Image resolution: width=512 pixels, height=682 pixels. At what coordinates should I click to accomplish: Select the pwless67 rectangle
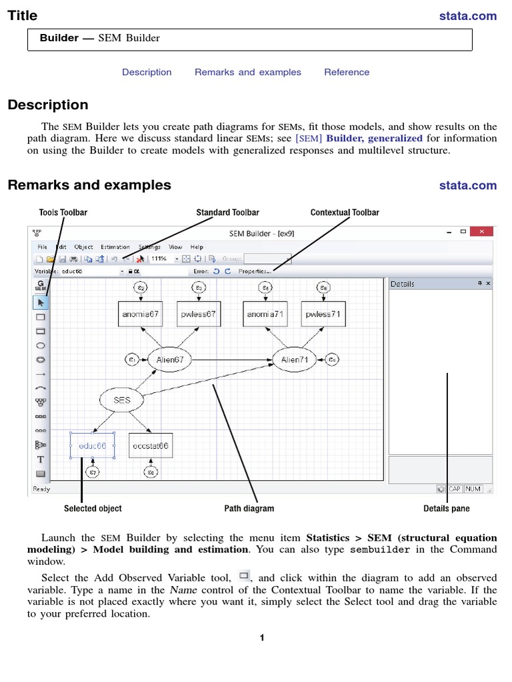tap(198, 314)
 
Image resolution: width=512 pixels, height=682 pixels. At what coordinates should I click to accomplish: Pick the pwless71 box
tap(323, 314)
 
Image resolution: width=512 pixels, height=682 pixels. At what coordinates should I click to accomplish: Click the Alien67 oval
tap(169, 360)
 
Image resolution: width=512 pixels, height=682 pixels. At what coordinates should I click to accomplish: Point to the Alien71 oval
tap(294, 360)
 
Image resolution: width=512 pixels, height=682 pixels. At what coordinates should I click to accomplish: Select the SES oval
tap(122, 400)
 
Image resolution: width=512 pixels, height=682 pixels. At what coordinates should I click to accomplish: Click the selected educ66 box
tap(93, 446)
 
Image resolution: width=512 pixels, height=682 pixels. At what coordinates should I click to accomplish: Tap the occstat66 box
tap(151, 446)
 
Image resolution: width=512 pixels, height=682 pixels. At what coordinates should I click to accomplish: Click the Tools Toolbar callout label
tap(63, 212)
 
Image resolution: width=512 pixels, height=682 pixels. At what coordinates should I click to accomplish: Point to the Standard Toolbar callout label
tap(227, 212)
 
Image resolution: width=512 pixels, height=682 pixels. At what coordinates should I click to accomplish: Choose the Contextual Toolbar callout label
tap(345, 212)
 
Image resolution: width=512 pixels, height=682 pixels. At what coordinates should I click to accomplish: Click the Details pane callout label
tap(447, 509)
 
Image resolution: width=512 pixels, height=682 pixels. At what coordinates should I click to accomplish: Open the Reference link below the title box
tap(347, 72)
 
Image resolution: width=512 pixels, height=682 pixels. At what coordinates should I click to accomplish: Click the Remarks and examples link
tap(248, 72)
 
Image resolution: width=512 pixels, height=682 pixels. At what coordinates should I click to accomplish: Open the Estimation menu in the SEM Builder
tap(115, 247)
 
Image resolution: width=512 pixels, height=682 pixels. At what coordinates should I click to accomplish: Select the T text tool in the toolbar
tap(40, 460)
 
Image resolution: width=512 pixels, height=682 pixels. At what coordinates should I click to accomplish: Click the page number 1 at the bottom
tap(263, 638)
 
